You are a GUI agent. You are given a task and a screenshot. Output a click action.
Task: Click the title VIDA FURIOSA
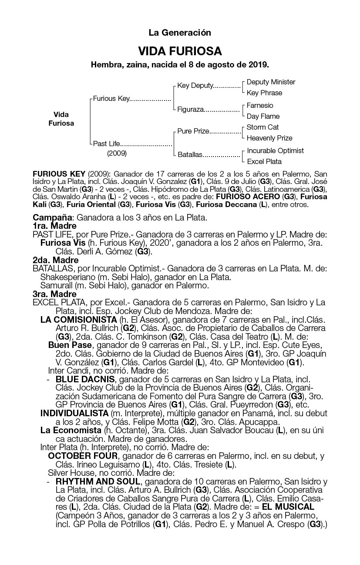point(180,51)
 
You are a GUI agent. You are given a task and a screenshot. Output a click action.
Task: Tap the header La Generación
point(180,33)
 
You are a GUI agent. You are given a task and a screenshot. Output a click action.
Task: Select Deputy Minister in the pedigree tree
point(271,82)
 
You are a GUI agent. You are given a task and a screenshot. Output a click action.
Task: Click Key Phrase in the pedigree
point(264,93)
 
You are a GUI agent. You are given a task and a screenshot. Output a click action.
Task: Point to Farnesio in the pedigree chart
point(260,106)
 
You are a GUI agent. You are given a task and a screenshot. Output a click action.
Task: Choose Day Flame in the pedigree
point(263,117)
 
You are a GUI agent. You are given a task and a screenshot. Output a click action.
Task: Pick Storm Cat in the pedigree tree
point(262,127)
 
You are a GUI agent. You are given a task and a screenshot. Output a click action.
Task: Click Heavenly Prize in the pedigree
point(269,138)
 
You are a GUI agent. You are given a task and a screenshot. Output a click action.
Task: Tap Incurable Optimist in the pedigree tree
point(276,151)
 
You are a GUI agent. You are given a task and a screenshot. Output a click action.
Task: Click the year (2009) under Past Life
point(117,154)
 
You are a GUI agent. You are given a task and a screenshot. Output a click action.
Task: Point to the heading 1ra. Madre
point(55,226)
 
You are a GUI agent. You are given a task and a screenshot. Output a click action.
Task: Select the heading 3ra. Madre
point(55,294)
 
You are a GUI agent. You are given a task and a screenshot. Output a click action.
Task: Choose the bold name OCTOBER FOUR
point(83,456)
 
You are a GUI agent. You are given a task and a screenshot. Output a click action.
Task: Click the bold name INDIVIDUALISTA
point(74,413)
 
